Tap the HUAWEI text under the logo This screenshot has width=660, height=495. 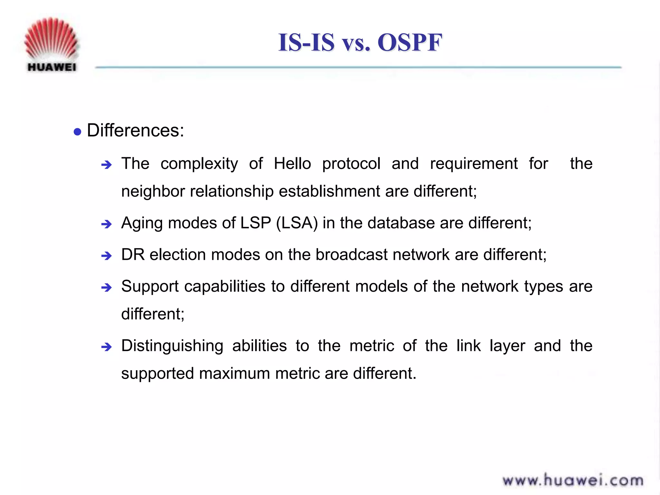tap(52, 67)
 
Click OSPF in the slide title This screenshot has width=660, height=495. tap(410, 43)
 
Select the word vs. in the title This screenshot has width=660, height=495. tap(356, 44)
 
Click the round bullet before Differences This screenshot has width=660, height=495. tap(77, 131)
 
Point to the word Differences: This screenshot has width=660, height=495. tap(135, 131)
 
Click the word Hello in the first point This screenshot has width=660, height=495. tap(292, 163)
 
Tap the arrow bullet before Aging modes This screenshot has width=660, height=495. tap(106, 224)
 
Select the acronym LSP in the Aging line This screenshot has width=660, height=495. tap(256, 223)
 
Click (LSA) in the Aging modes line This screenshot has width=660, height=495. tap(297, 223)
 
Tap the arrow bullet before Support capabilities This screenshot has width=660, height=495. tap(106, 287)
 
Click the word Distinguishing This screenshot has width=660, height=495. tap(172, 346)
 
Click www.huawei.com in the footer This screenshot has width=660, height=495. tap(573, 480)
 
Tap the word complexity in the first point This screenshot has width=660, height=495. tap(199, 164)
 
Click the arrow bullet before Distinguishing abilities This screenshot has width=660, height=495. tap(106, 347)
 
